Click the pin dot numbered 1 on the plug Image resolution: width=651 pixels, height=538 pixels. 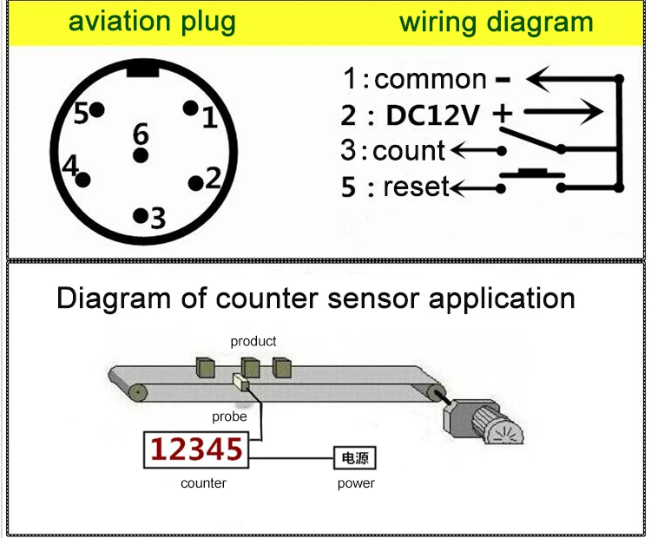(190, 108)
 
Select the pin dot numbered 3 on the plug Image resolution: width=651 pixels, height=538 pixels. (140, 214)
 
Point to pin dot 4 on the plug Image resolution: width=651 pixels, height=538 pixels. (84, 180)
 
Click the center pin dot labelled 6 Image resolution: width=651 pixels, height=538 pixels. (140, 156)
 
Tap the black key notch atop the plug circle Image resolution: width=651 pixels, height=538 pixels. (141, 69)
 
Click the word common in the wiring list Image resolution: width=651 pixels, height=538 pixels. (431, 80)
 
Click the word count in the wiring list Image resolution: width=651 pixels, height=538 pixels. (408, 151)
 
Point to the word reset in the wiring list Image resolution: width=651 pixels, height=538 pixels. (416, 187)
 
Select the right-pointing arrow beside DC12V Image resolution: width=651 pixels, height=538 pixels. (563, 112)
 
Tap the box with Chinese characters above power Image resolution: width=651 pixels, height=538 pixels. (356, 457)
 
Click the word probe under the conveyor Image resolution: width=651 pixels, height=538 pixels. (230, 417)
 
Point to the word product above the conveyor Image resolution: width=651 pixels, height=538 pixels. (253, 341)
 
